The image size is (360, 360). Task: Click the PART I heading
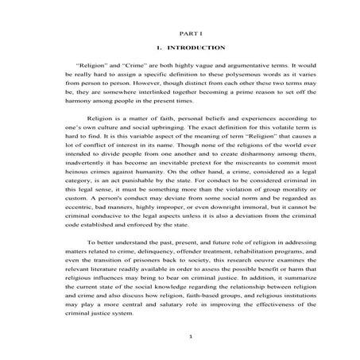180,35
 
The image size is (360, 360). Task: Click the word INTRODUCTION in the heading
189,48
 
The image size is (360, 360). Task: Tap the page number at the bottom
180,339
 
